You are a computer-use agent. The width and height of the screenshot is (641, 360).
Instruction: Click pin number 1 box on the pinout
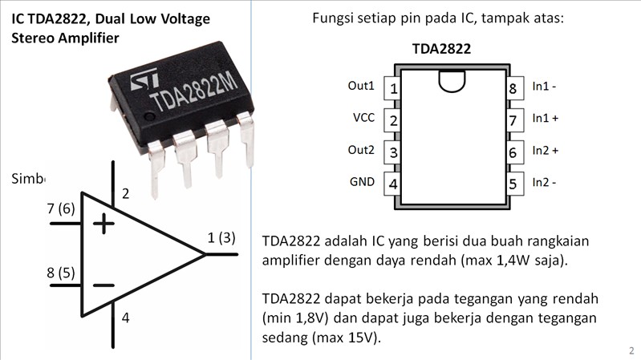393,87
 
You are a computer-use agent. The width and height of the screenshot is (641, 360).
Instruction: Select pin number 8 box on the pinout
513,87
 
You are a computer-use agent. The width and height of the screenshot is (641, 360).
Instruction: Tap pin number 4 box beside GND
393,184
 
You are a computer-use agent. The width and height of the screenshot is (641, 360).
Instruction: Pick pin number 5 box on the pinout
513,184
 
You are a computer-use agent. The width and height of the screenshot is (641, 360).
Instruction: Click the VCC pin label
363,118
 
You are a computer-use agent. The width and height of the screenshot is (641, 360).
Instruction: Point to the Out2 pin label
361,150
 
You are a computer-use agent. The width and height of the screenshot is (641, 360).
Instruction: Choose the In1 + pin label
545,118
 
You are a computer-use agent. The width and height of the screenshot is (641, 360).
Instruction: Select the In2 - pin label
544,182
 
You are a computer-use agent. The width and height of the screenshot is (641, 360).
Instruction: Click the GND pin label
362,181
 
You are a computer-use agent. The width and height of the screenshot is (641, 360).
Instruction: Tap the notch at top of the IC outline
452,80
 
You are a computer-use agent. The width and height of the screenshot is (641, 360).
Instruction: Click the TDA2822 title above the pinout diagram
441,49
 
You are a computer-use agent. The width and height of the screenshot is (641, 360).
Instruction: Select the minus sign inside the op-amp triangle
103,285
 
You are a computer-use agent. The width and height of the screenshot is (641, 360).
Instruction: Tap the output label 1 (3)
221,237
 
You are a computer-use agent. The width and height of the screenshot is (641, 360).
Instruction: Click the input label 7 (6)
61,208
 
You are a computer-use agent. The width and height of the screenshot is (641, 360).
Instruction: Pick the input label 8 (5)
61,272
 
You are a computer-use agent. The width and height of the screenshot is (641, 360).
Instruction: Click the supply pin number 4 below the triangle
125,318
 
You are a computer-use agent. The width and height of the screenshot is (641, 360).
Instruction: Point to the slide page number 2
631,350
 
